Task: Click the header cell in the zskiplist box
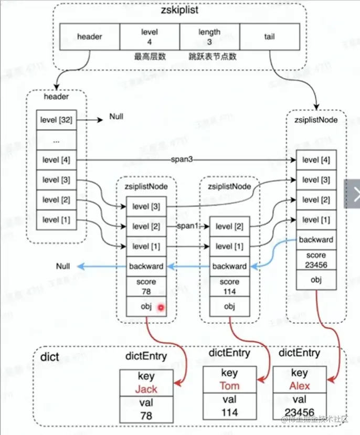[x=90, y=37]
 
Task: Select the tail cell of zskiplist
[x=269, y=37]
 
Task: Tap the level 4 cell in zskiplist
[x=150, y=37]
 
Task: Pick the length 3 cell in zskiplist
[x=209, y=37]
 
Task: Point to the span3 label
[x=181, y=158]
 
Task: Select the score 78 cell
[x=146, y=287]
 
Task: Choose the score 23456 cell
[x=315, y=260]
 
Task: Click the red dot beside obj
[x=161, y=307]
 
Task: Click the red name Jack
[x=146, y=390]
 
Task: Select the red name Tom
[x=228, y=386]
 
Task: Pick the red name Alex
[x=299, y=386]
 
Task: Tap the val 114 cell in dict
[x=228, y=407]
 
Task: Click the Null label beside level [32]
[x=116, y=116]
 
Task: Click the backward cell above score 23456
[x=315, y=239]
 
